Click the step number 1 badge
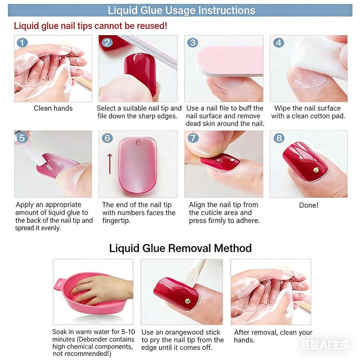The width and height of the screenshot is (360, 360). click(x=22, y=43)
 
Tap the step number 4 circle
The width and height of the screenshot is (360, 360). click(x=279, y=43)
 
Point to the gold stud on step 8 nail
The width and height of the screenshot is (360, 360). click(x=316, y=170)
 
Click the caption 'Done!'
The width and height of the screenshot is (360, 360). click(x=309, y=205)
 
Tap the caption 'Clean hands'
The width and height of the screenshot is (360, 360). click(x=53, y=108)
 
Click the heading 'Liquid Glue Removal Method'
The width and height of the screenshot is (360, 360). click(x=180, y=248)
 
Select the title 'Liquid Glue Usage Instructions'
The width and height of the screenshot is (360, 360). click(x=181, y=10)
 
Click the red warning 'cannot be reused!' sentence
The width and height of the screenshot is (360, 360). click(x=90, y=26)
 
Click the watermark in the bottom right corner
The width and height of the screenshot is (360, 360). click(x=325, y=345)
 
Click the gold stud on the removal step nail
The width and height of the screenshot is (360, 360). click(x=188, y=300)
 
